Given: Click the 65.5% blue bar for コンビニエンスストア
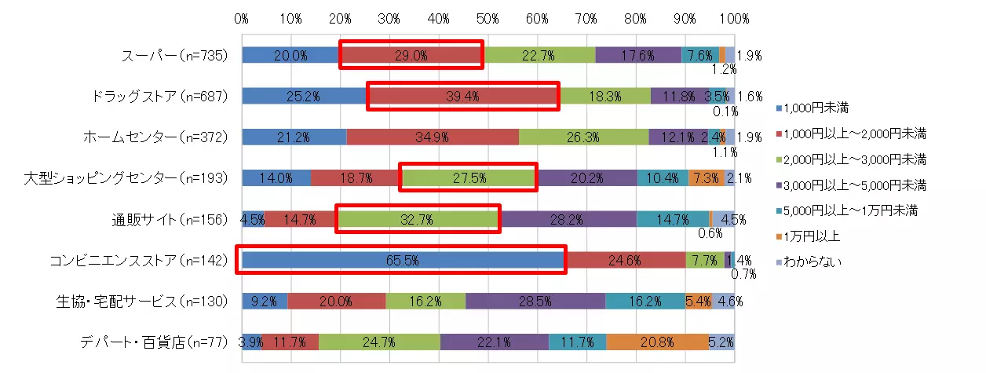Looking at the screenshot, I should coord(404,260).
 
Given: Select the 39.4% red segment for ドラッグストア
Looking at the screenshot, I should coord(463,96).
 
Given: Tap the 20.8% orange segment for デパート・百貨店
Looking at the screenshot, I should coord(657,342).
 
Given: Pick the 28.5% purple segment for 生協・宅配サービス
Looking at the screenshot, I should coord(535,301).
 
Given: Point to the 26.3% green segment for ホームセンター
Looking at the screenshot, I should coord(583,137).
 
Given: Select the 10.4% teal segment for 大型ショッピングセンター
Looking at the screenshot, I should coord(663,178).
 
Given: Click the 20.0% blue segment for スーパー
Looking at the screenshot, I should coord(290,55).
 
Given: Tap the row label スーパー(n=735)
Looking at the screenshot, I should coord(174,55).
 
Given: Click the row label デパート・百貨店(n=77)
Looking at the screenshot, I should coord(153,342).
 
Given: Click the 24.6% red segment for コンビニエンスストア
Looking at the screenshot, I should coord(625,260).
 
